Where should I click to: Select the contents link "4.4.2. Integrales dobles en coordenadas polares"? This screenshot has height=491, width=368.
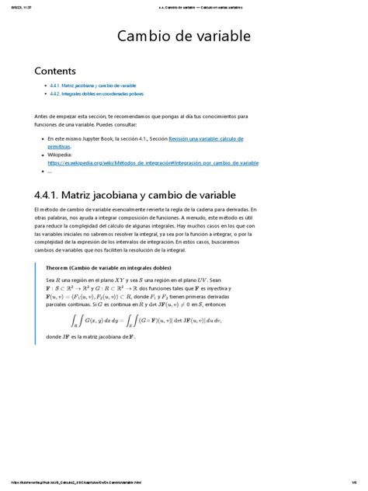(x=97, y=92)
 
